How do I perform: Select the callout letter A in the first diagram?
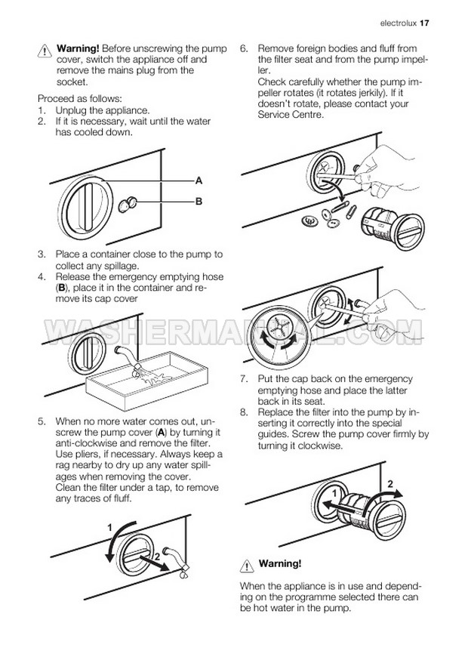click(x=199, y=181)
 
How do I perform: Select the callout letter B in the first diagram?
click(x=199, y=202)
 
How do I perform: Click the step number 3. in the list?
click(x=42, y=255)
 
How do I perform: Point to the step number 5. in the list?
click(x=42, y=421)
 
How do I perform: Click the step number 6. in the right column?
click(x=244, y=48)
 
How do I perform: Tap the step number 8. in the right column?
click(x=244, y=413)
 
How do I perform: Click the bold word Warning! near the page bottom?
click(x=280, y=563)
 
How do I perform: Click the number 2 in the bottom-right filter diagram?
click(x=389, y=483)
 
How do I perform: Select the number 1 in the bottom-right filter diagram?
click(x=333, y=493)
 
